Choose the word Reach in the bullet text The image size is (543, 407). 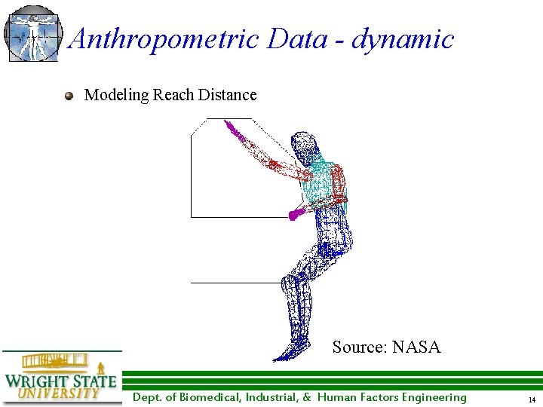point(173,95)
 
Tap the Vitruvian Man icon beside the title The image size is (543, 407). point(32,33)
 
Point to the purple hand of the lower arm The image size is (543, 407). point(296,214)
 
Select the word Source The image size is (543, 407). point(359,347)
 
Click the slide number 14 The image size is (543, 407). point(532,399)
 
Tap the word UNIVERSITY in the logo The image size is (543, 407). point(58,393)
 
